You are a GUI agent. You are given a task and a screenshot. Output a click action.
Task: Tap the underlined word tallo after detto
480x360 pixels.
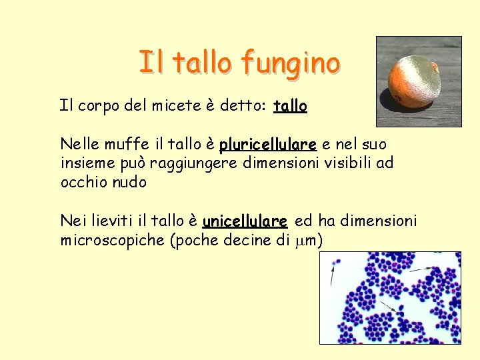click(x=290, y=106)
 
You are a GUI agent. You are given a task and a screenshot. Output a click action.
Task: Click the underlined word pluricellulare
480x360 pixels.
click(x=267, y=144)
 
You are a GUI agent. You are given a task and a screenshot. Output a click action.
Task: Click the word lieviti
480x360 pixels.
click(x=117, y=221)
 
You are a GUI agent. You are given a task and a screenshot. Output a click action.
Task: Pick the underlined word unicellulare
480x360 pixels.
click(x=245, y=221)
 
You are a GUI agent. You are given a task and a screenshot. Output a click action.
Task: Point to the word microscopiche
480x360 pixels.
click(x=114, y=240)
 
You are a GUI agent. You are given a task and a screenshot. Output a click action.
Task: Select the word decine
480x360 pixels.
click(x=243, y=240)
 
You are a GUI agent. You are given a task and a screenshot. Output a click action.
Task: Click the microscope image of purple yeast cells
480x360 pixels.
click(x=390, y=297)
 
